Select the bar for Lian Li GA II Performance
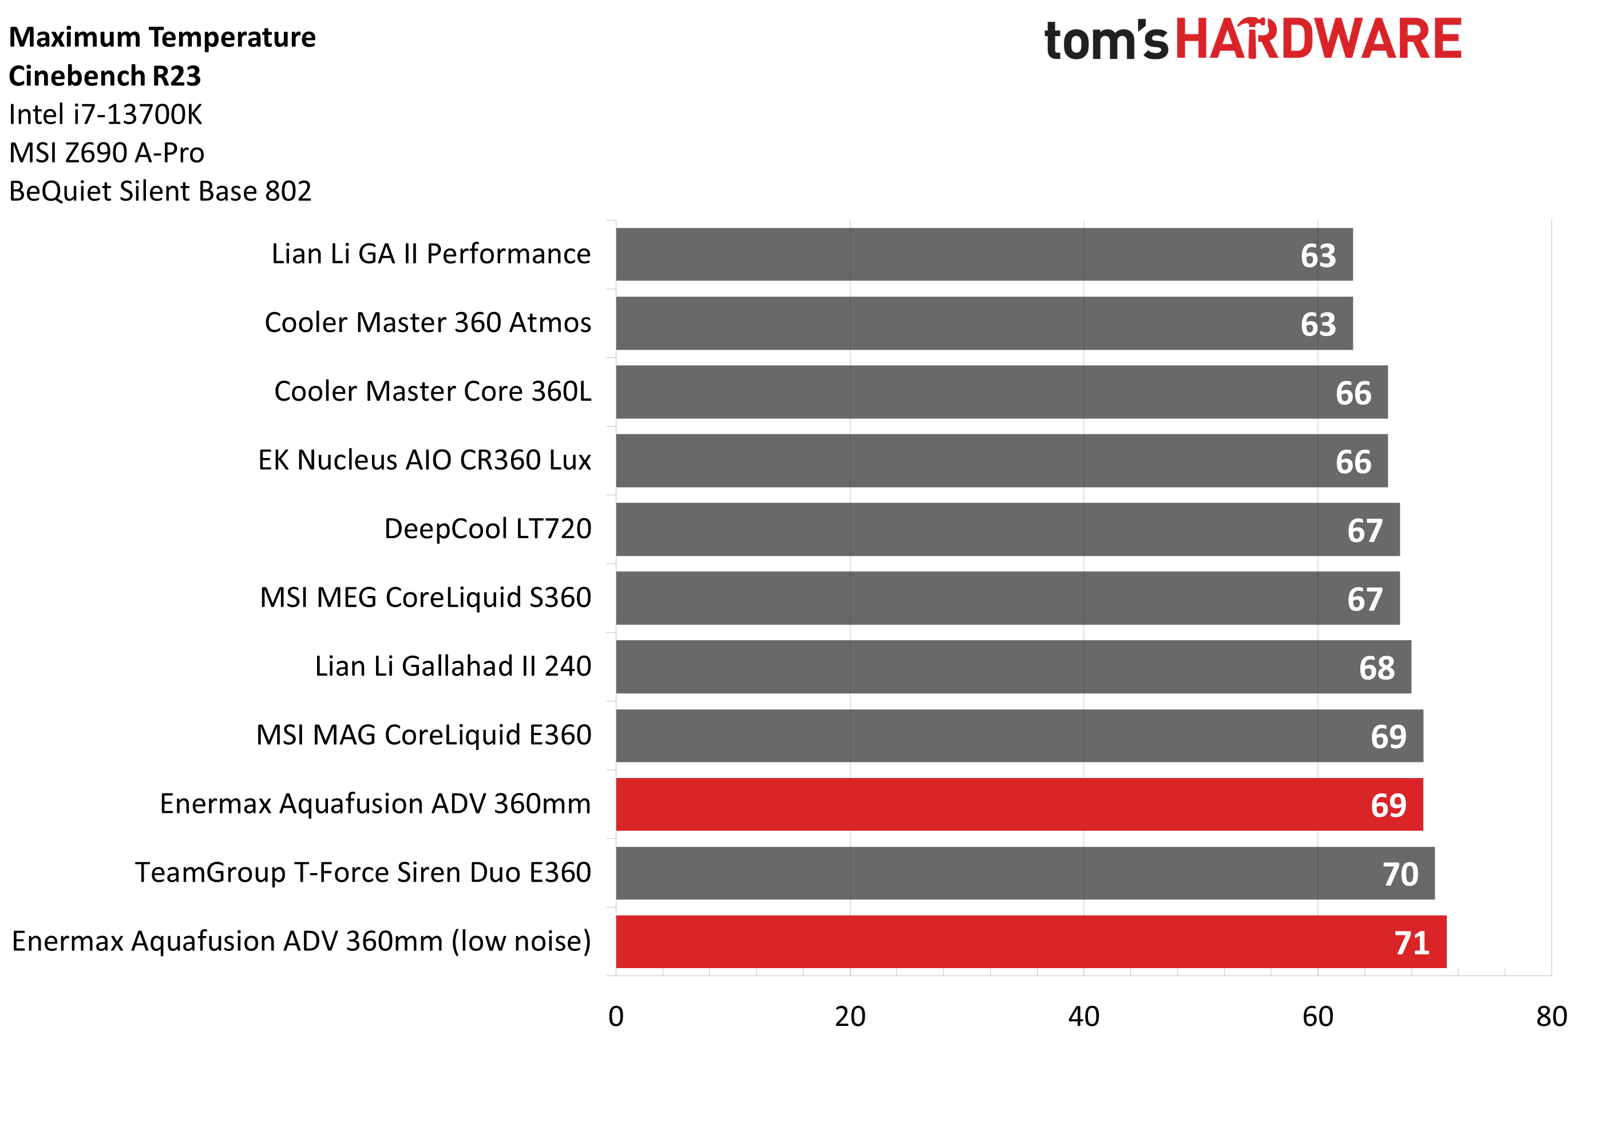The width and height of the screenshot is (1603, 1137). [x=983, y=254]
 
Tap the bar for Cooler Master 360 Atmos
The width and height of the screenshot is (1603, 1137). [x=983, y=323]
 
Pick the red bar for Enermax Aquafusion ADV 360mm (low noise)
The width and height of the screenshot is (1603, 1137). [x=1030, y=942]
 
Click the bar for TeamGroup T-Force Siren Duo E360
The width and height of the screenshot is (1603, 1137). [x=1024, y=873]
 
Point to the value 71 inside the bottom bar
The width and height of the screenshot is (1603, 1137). [x=1411, y=943]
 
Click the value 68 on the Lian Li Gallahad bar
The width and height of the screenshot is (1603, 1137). [x=1376, y=668]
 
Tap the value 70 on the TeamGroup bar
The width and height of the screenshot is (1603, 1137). [x=1400, y=874]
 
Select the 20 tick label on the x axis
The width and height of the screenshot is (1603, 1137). [x=849, y=1017]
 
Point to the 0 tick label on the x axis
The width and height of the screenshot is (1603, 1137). [x=616, y=1017]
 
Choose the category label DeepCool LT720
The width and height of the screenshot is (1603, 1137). [x=488, y=528]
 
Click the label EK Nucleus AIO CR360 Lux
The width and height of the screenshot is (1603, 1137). [x=425, y=460]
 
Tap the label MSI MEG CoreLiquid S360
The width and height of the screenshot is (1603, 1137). [x=425, y=597]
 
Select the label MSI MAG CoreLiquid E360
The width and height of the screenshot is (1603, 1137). [x=423, y=735]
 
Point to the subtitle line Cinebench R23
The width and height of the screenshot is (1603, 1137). [x=105, y=76]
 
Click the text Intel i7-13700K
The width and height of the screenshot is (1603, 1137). [x=105, y=114]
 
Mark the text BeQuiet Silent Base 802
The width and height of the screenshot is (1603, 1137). [x=160, y=191]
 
